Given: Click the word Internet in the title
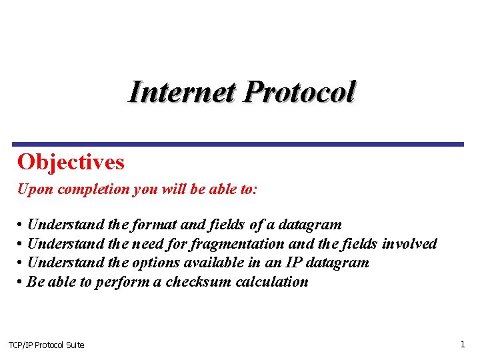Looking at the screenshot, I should pos(181,92).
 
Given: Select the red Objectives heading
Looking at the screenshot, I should pos(71,162).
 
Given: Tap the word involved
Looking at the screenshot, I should pos(409,244).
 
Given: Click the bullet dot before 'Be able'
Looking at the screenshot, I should pos(21,282).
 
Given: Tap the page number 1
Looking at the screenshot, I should pos(462,344).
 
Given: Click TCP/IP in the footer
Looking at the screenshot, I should pos(20,345).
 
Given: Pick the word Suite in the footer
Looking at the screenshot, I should pos(75,345).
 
